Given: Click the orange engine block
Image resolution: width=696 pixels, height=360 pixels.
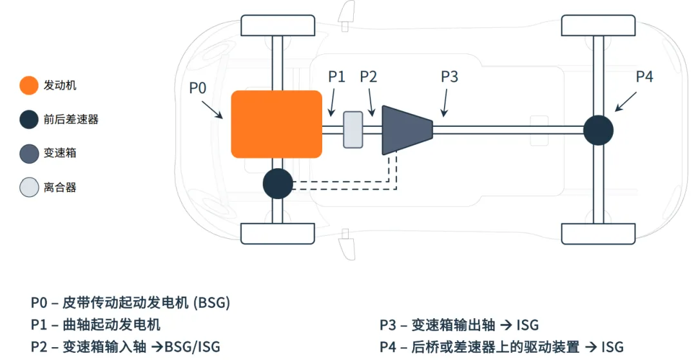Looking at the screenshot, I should (x=276, y=124).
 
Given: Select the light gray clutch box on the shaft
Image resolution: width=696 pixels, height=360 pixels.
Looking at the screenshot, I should (x=353, y=129).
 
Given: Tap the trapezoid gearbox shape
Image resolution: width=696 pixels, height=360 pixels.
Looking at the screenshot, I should (x=406, y=130).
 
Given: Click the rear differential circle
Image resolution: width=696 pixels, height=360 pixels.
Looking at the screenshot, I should (x=598, y=131).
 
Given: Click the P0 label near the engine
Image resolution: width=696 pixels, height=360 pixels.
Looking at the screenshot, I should (x=197, y=88).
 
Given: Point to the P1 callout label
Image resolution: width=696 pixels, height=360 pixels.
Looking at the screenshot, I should (x=336, y=77).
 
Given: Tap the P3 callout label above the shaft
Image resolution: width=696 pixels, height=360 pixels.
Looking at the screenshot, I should (x=449, y=77).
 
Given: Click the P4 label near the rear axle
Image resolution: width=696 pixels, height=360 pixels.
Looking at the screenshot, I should (x=644, y=77).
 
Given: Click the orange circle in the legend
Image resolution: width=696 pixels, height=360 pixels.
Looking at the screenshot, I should (x=29, y=86).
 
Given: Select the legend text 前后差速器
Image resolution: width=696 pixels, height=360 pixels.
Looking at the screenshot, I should (x=71, y=120).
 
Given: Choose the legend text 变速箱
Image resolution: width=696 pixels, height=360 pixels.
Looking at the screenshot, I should (x=60, y=154).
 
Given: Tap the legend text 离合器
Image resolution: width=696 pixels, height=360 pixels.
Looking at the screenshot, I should (x=60, y=188).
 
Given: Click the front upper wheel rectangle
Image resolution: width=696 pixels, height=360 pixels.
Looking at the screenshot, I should (x=278, y=25).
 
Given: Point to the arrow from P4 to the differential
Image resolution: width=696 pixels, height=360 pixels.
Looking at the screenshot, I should (x=626, y=102).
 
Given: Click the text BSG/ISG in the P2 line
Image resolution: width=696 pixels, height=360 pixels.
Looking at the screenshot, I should (x=192, y=346).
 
